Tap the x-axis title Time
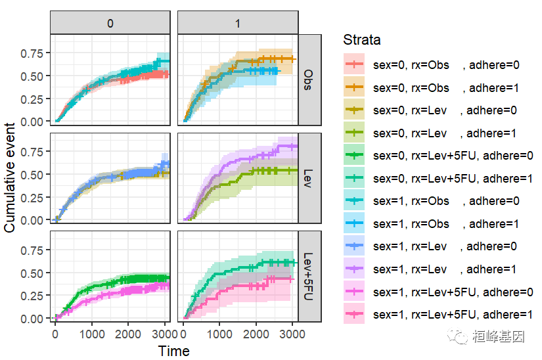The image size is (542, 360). pyautogui.click(x=174, y=351)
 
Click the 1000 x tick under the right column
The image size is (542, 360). pyautogui.click(x=220, y=334)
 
